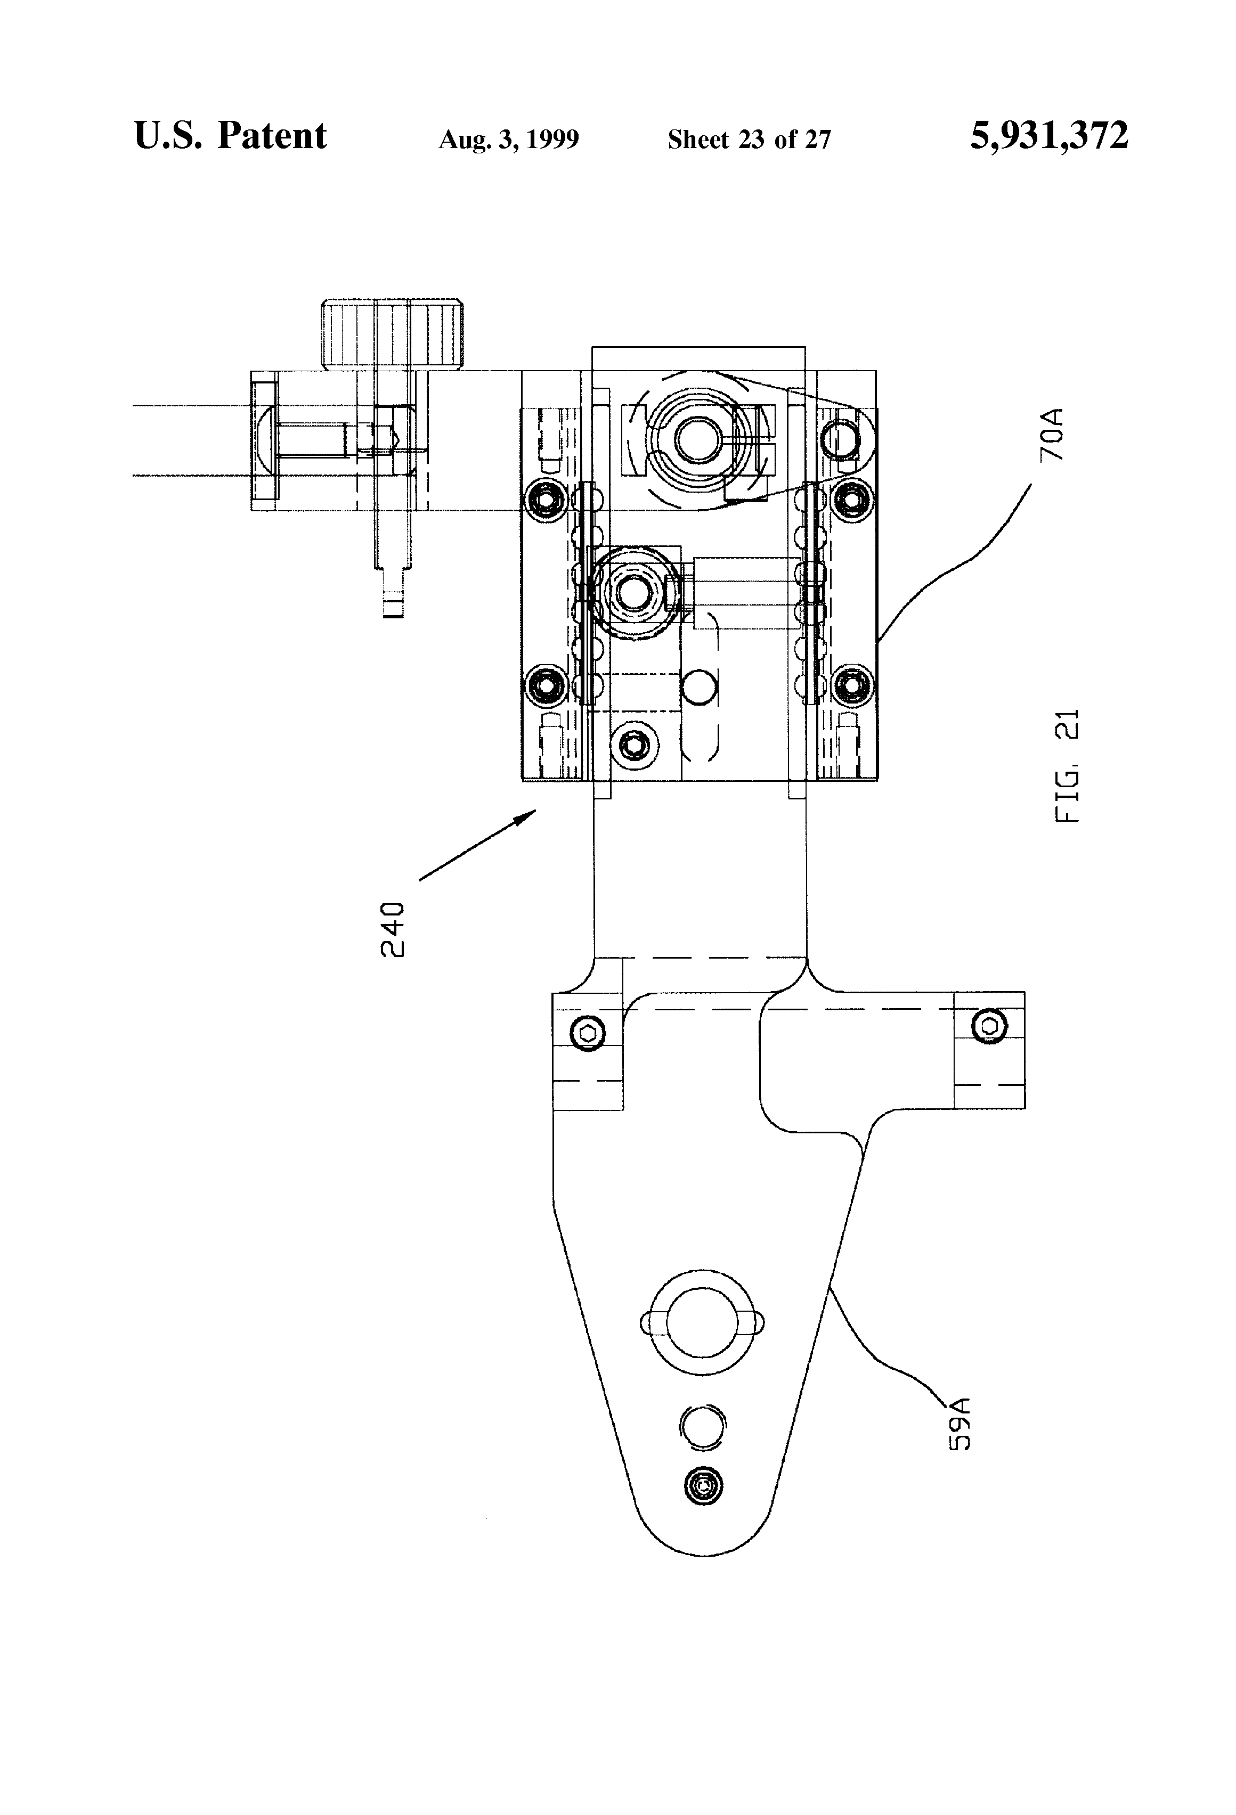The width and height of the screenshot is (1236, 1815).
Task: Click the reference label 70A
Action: pos(1052,434)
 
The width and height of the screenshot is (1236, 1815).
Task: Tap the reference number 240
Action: pos(393,929)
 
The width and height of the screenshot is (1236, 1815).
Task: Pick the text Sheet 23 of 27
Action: pos(749,140)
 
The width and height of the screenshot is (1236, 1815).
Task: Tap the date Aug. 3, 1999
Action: pos(509,140)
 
